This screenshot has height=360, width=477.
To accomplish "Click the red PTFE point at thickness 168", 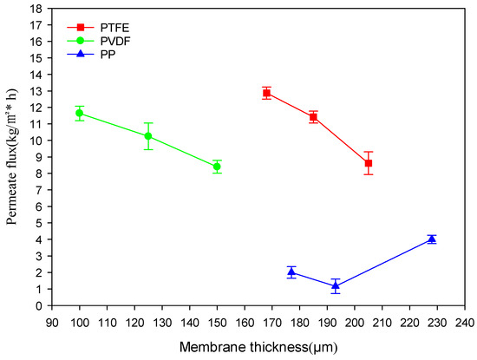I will click(267, 93).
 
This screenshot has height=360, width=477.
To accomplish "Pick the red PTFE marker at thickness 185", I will click(313, 117).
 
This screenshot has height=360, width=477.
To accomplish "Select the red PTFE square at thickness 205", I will click(369, 163).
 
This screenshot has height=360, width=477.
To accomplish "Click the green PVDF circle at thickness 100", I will click(80, 113).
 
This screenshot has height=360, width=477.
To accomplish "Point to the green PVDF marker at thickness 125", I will click(148, 136).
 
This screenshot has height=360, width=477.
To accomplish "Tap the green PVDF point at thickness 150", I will click(217, 167).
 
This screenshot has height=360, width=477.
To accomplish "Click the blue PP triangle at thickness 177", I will click(291, 272).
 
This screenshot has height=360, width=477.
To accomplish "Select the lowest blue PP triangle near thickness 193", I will click(336, 285).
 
